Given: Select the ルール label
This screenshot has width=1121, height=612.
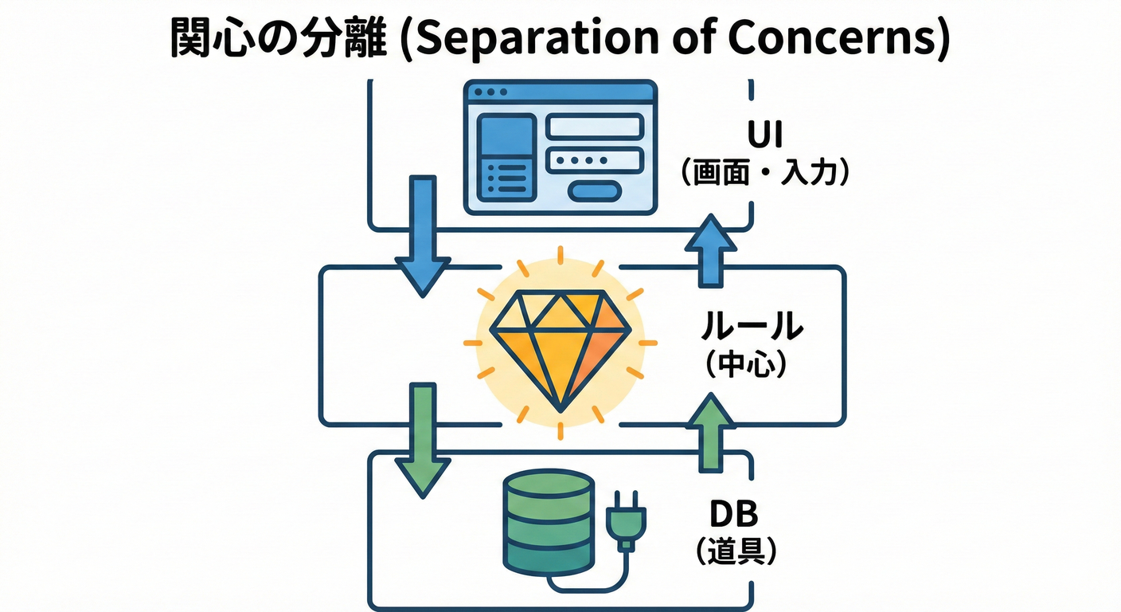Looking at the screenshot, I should click(x=752, y=328).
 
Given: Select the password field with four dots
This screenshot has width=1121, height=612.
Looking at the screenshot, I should click(x=595, y=159).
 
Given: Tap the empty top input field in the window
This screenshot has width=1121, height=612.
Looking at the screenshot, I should click(x=595, y=127).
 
